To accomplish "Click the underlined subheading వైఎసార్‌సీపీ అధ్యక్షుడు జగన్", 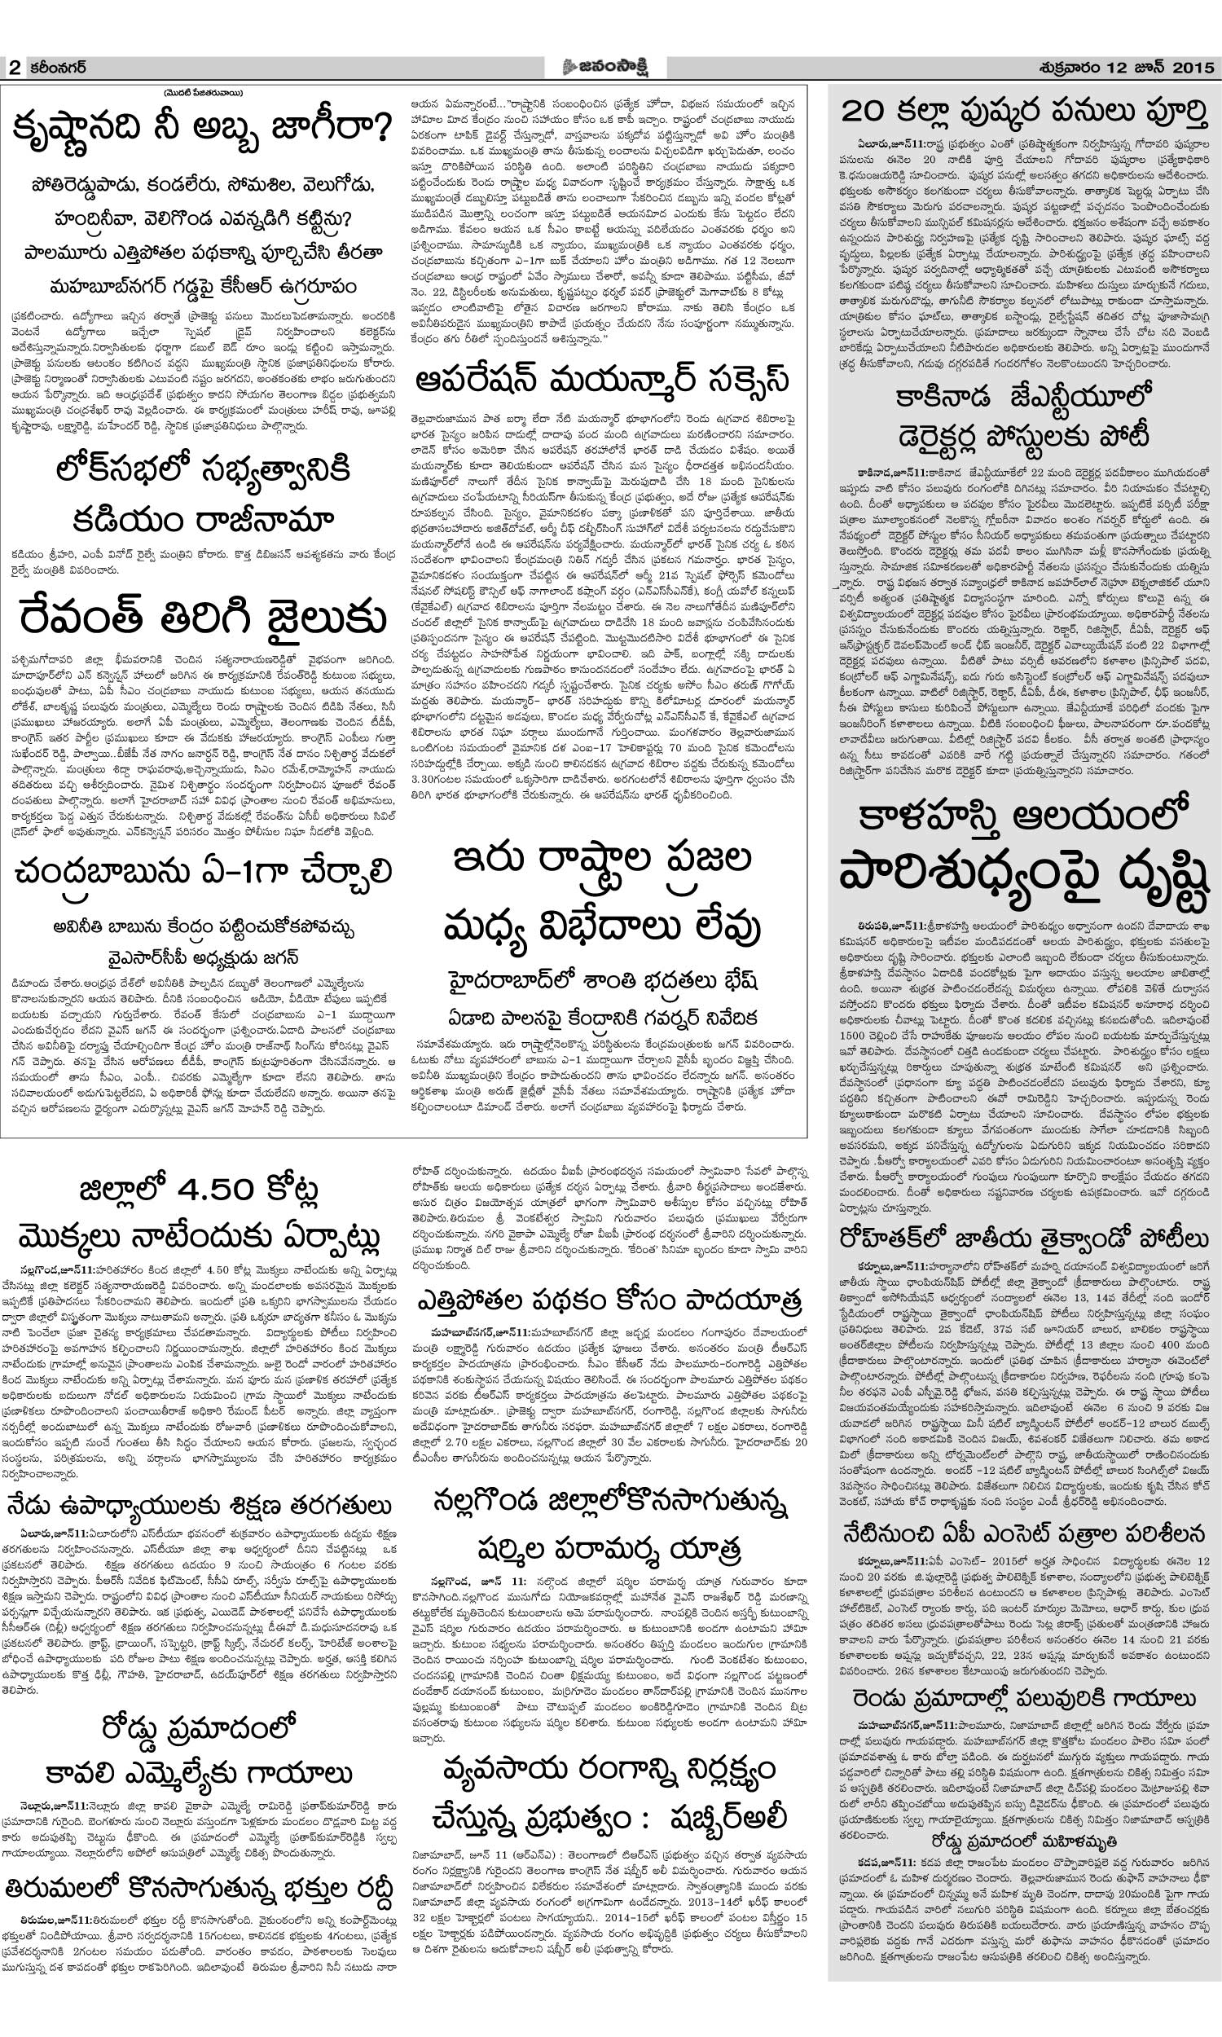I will pyautogui.click(x=201, y=957).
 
